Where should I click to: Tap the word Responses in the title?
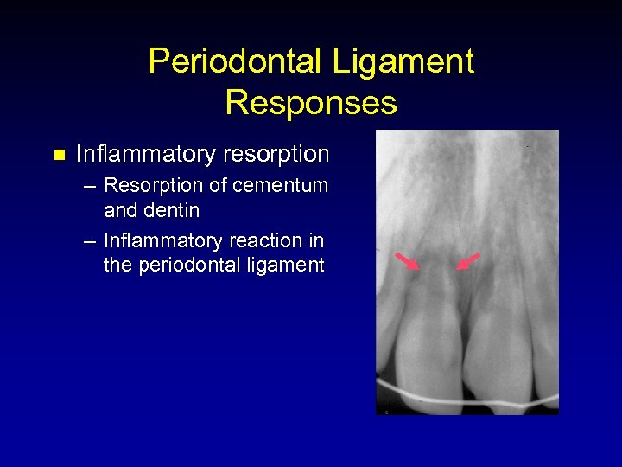pos(311,103)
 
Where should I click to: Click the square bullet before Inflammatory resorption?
pos(59,156)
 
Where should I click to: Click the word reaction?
pos(260,240)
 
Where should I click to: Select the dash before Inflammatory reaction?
pos(90,241)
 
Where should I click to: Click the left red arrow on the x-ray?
pos(408,261)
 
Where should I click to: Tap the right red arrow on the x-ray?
pos(467,261)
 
